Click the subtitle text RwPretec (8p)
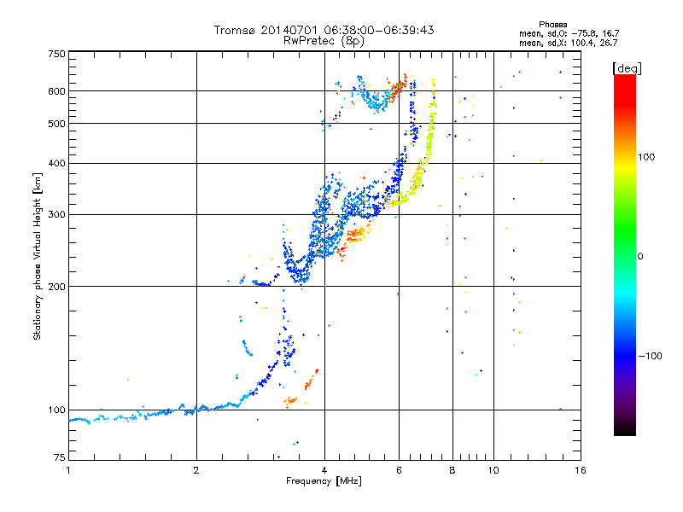point(324,41)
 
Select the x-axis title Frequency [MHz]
point(324,481)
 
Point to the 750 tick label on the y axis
point(56,54)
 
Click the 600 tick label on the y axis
point(56,91)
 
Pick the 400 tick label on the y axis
point(56,163)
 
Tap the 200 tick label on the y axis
point(56,287)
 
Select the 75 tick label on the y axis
point(60,457)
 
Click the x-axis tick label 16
point(581,470)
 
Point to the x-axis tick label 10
point(493,470)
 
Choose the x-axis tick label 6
point(399,470)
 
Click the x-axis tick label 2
point(196,470)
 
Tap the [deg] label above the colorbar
point(627,68)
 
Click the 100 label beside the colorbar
point(646,157)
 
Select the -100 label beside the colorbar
point(650,356)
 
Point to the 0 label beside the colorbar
point(640,257)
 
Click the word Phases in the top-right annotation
point(552,25)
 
